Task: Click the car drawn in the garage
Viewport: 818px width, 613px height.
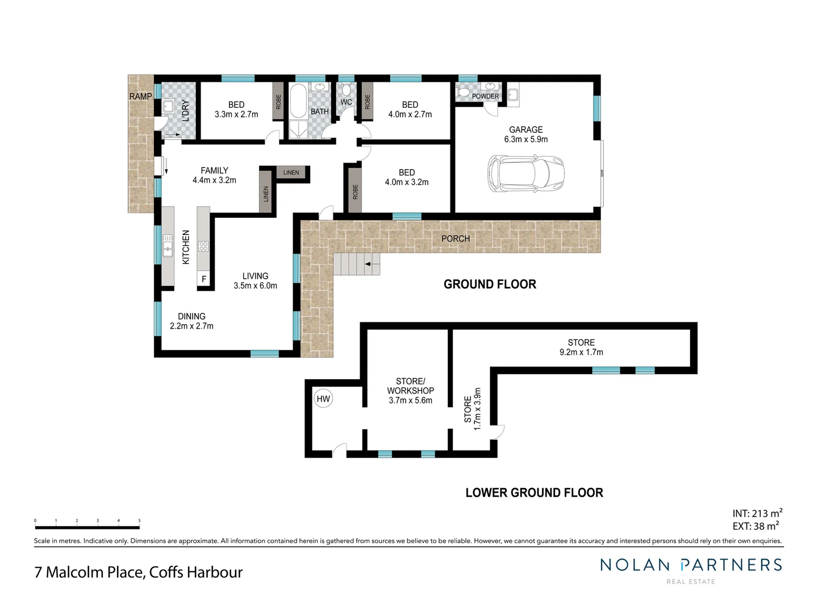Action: coord(525,174)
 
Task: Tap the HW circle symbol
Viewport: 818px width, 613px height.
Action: coord(323,399)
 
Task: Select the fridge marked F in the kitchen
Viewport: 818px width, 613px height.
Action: coord(204,279)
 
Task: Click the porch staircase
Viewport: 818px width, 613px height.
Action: coord(356,264)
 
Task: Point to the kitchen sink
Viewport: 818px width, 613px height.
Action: coord(168,245)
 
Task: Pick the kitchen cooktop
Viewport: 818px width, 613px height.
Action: coord(203,246)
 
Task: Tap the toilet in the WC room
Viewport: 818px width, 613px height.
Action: coord(346,90)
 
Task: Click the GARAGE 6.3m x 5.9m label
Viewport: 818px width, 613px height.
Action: coord(525,135)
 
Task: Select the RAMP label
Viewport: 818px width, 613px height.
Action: coord(140,96)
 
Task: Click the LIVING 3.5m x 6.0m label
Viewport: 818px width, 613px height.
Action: coord(255,281)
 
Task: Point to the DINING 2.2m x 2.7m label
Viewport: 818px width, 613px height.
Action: coord(191,321)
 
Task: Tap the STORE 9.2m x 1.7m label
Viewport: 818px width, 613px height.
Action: coord(581,347)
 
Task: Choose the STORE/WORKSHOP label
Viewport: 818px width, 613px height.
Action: coord(410,391)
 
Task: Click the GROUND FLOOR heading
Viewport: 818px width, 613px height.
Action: coord(490,284)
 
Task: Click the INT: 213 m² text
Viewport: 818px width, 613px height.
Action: coord(757,514)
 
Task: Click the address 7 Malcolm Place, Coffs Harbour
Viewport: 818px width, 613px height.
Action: coord(139,572)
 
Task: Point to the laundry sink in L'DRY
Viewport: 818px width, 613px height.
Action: coord(168,106)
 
